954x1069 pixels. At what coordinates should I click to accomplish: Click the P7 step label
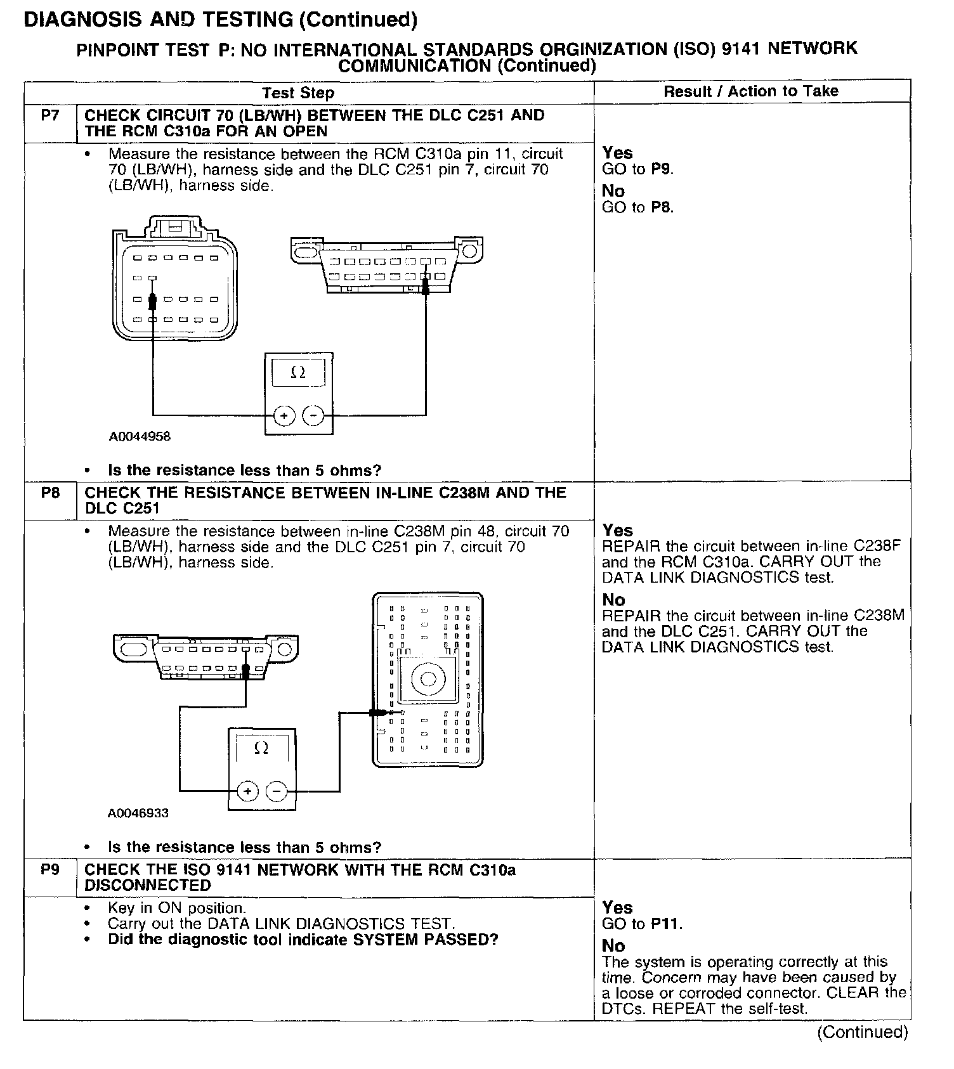pyautogui.click(x=49, y=115)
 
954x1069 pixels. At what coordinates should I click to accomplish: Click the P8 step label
pyautogui.click(x=49, y=492)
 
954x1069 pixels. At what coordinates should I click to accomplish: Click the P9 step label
pyautogui.click(x=49, y=869)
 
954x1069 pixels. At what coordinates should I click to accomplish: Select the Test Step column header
pyautogui.click(x=298, y=93)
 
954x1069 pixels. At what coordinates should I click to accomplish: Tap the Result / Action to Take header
pyautogui.click(x=751, y=91)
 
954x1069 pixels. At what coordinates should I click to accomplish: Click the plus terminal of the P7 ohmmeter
pyautogui.click(x=284, y=416)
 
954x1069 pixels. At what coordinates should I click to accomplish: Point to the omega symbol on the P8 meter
pyautogui.click(x=261, y=749)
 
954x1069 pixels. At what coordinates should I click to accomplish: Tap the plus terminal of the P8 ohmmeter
pyautogui.click(x=247, y=791)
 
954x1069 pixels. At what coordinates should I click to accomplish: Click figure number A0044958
pyautogui.click(x=140, y=436)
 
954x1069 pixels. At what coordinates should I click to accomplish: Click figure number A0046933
pyautogui.click(x=138, y=813)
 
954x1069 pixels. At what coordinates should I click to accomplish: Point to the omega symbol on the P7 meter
pyautogui.click(x=297, y=373)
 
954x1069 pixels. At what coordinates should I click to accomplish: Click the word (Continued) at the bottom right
pyautogui.click(x=862, y=1032)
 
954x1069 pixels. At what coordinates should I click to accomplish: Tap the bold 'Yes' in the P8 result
pyautogui.click(x=618, y=530)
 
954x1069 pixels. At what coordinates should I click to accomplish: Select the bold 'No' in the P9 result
pyautogui.click(x=613, y=946)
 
